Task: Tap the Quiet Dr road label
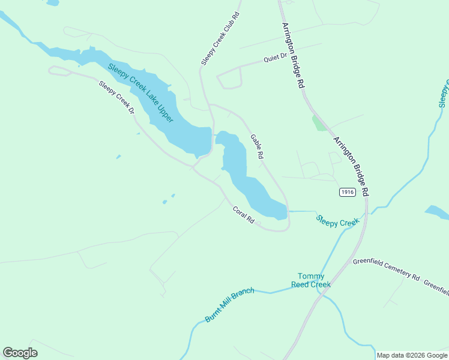click(x=276, y=59)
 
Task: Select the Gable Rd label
click(x=256, y=146)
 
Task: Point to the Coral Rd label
click(x=244, y=215)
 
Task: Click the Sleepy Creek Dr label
click(x=116, y=98)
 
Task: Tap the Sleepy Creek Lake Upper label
click(x=141, y=93)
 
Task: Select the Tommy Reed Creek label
click(x=311, y=280)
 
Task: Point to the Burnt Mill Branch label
click(x=229, y=305)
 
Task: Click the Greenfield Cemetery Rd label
click(x=386, y=269)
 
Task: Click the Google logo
click(x=20, y=353)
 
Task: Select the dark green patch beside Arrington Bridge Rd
click(x=319, y=123)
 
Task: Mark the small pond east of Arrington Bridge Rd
click(x=436, y=211)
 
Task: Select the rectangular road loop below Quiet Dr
click(x=229, y=78)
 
